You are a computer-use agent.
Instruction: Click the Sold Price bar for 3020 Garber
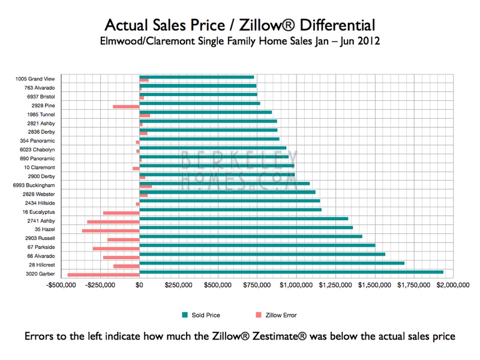[291, 272]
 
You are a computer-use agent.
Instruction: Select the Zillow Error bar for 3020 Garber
[103, 275]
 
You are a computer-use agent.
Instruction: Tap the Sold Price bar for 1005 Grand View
[196, 77]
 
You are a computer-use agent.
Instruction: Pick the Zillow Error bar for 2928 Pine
[126, 107]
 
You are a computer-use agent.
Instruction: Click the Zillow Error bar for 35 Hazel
[110, 230]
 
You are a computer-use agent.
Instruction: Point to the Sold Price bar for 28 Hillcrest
[272, 263]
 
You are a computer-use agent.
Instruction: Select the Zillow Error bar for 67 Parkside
[116, 248]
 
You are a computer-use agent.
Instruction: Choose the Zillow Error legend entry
[275, 315]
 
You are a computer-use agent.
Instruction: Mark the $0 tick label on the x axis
[139, 286]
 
